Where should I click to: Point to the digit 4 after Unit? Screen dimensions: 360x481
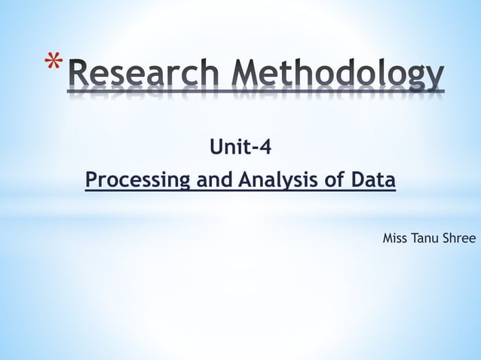coord(265,146)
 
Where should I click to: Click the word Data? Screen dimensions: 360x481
coord(372,181)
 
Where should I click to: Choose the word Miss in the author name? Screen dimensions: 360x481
coord(395,239)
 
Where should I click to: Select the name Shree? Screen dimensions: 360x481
coord(461,239)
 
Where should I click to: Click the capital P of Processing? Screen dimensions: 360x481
coord(91,181)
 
